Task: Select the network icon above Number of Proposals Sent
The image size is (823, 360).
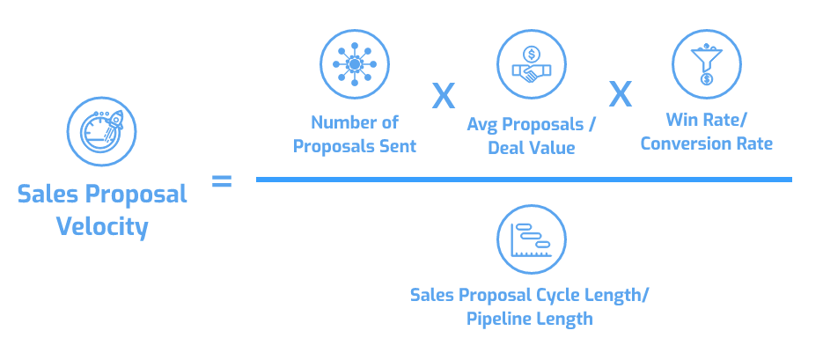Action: pyautogui.click(x=354, y=64)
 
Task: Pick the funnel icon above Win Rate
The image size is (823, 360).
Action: pyautogui.click(x=706, y=64)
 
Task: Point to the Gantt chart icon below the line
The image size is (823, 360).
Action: pyautogui.click(x=531, y=238)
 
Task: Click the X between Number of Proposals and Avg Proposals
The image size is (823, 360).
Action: pyautogui.click(x=443, y=95)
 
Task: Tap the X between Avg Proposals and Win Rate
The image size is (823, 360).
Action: pyautogui.click(x=620, y=94)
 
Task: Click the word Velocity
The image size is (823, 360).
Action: pyautogui.click(x=102, y=228)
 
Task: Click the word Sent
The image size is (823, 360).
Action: pyautogui.click(x=397, y=145)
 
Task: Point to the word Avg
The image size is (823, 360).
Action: pyautogui.click(x=482, y=125)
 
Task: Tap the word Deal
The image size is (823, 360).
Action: pyautogui.click(x=506, y=148)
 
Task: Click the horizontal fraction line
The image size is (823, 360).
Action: pyautogui.click(x=524, y=180)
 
